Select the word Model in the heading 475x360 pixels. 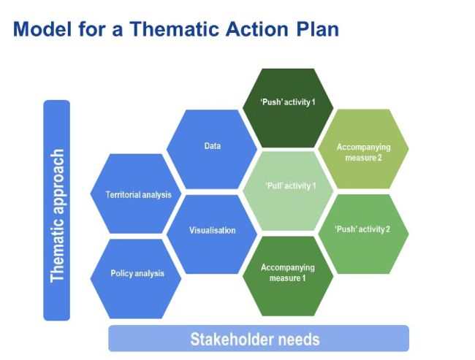coord(42,29)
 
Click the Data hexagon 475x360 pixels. coord(212,149)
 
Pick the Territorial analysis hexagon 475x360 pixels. coord(136,194)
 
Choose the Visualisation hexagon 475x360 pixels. coord(212,234)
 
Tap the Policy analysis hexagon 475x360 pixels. coord(136,279)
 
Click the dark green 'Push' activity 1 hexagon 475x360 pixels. coord(288,108)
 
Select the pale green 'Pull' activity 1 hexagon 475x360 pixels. coord(288,191)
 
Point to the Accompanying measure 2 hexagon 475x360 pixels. coord(363,149)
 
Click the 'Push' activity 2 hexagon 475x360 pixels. coord(363,234)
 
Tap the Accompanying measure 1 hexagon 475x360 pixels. coord(288,276)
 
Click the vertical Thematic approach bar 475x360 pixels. coord(57,210)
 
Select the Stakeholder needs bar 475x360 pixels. coord(259,339)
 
